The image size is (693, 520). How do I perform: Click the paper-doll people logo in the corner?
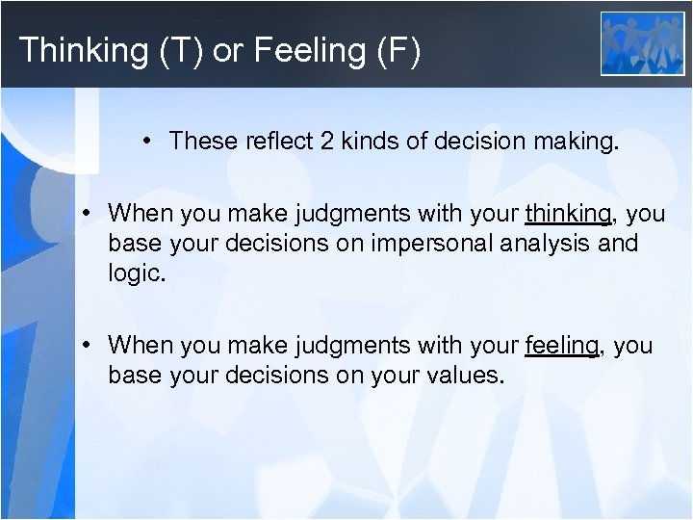[642, 43]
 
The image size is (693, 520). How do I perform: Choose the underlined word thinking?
[567, 213]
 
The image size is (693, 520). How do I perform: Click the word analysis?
[540, 243]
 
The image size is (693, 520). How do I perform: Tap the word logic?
[136, 273]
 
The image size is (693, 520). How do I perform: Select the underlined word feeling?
[562, 345]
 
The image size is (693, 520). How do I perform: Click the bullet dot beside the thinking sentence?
[88, 213]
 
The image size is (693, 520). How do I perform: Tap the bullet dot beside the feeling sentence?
[88, 345]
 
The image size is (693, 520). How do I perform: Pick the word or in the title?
[227, 50]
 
